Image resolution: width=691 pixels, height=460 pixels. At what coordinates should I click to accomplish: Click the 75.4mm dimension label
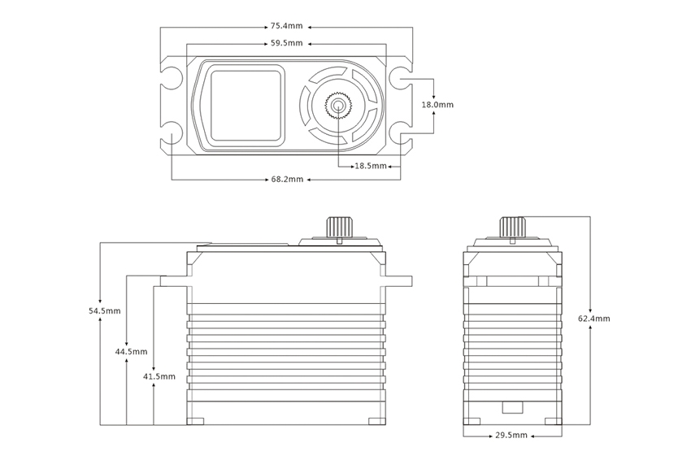[x=286, y=26]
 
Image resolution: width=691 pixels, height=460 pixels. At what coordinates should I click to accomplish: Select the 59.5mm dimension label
[x=286, y=43]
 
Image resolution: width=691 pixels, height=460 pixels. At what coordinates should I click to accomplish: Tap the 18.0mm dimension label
[x=437, y=105]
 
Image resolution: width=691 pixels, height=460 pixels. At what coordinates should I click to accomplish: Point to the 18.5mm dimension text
[x=370, y=166]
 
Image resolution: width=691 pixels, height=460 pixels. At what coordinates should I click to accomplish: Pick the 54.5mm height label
[x=105, y=310]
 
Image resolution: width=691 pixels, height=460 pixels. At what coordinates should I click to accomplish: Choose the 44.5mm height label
[x=131, y=352]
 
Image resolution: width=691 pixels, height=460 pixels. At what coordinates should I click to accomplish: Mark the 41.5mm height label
[x=159, y=376]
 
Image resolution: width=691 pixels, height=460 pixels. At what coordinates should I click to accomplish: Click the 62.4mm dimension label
[x=593, y=319]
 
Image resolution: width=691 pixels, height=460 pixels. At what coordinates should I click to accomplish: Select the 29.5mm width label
[x=512, y=436]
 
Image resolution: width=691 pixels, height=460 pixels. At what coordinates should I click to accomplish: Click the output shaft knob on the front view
[x=337, y=227]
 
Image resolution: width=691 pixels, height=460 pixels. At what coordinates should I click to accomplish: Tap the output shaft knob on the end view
[x=511, y=227]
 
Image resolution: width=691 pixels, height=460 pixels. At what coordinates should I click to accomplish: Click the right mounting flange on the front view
[x=398, y=281]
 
